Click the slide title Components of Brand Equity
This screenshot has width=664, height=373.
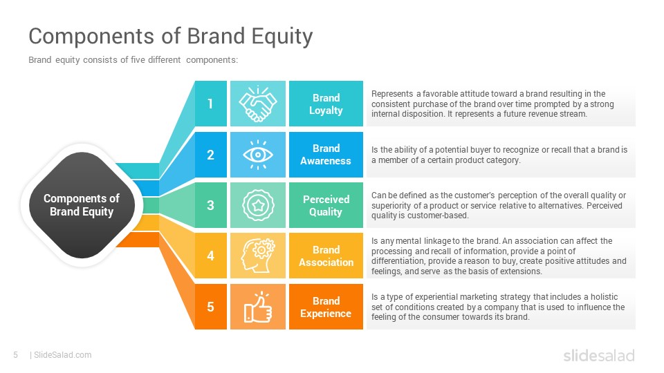(171, 37)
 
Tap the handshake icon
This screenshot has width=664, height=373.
(258, 104)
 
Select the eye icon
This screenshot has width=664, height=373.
(258, 155)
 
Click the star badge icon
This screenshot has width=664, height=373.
(258, 205)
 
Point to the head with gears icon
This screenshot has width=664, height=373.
(258, 256)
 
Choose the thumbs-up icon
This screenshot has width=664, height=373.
(258, 307)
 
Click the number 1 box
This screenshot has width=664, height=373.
(211, 104)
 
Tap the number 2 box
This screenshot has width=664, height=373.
(211, 154)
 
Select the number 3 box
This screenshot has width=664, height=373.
(211, 205)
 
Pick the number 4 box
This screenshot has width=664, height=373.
(211, 256)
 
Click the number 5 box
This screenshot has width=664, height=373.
(211, 307)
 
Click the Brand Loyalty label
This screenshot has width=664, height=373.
(326, 104)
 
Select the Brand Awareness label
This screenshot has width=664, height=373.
(326, 154)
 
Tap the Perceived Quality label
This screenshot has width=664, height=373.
(326, 205)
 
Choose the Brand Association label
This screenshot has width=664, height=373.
(326, 256)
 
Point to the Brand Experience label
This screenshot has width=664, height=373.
(326, 307)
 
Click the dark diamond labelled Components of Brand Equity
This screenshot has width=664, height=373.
(82, 205)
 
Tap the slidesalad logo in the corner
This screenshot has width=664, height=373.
(599, 355)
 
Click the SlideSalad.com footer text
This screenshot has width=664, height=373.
(63, 355)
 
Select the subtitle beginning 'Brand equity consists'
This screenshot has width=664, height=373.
(133, 60)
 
